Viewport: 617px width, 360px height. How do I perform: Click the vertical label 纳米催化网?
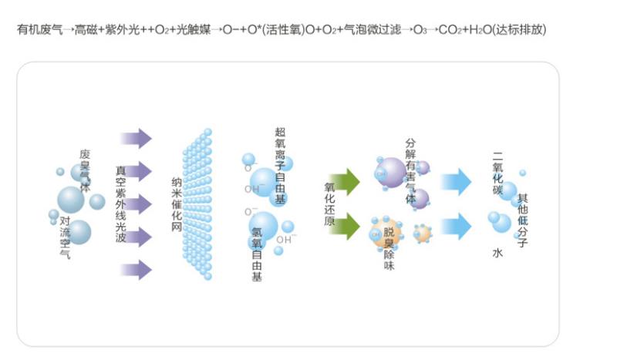click(177, 205)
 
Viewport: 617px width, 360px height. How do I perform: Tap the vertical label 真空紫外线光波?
click(121, 204)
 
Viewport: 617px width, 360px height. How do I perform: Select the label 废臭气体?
click(85, 170)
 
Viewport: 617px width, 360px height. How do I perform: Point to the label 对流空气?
click(65, 237)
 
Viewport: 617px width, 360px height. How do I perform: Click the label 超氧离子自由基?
click(280, 165)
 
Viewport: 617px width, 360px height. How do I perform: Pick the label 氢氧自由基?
click(257, 254)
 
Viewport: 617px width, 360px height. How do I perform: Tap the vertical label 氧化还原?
click(330, 204)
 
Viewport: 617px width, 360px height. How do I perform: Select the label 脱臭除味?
click(389, 248)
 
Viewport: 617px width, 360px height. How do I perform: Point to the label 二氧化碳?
click(497, 173)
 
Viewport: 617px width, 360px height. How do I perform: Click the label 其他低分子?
click(523, 220)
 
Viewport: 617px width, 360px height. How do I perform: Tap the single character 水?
click(497, 253)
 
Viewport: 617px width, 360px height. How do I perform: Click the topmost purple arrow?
click(137, 138)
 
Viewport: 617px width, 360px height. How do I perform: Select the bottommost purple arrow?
click(137, 270)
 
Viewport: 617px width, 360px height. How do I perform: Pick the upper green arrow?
click(344, 182)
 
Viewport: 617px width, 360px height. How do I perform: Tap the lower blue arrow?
click(456, 226)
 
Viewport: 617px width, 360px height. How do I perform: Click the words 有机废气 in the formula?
click(40, 29)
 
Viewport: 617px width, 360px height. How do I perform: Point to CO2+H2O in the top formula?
click(465, 29)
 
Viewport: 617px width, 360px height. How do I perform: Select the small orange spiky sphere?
click(422, 234)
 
